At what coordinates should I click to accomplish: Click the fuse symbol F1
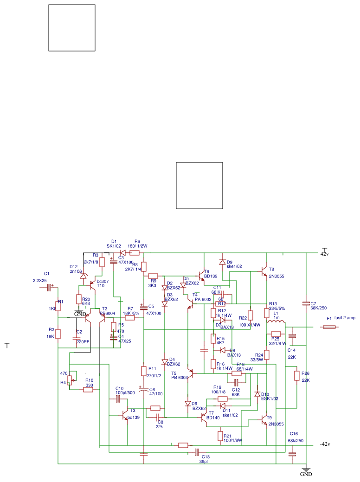(x=329, y=327)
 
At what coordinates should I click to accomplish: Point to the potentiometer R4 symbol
(x=70, y=380)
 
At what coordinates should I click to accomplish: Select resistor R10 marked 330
(x=88, y=390)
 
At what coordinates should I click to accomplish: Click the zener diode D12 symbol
(x=84, y=276)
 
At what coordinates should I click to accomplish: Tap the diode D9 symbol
(x=222, y=262)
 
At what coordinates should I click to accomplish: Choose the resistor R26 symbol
(x=296, y=375)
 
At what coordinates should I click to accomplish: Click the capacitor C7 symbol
(x=306, y=303)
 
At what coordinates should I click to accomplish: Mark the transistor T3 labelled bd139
(x=125, y=415)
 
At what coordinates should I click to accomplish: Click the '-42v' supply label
(x=325, y=444)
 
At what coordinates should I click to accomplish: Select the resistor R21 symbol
(x=220, y=436)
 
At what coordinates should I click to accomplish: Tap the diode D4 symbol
(x=165, y=361)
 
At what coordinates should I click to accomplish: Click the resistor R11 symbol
(x=144, y=371)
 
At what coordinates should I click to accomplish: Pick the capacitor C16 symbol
(x=292, y=454)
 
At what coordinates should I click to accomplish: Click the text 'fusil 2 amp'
(x=344, y=318)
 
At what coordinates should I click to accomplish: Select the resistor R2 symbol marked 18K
(x=58, y=334)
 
